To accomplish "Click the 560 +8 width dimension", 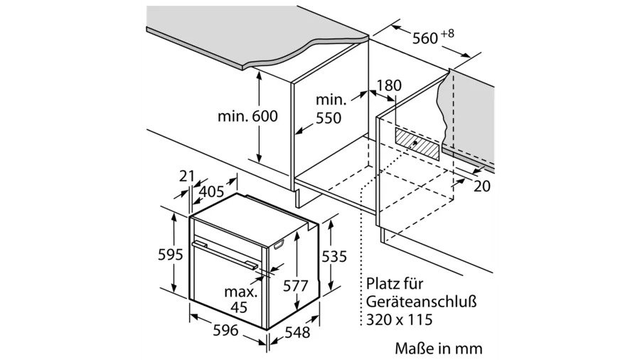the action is click(432, 37).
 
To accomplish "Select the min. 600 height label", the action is click(247, 116).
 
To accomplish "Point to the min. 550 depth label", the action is click(330, 109).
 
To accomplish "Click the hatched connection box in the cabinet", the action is click(417, 144).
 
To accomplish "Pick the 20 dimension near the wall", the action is click(481, 186).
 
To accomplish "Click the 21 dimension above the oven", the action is click(186, 176).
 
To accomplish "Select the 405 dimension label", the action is click(212, 191).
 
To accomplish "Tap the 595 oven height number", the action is click(171, 255).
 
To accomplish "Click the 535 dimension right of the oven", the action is click(334, 256).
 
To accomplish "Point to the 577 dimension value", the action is click(296, 286).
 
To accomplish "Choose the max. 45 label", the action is click(241, 300).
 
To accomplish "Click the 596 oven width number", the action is click(225, 330).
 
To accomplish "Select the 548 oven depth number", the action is click(297, 332).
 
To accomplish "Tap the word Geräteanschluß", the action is click(421, 302).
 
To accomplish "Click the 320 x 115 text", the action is click(399, 319).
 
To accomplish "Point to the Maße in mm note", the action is click(439, 349).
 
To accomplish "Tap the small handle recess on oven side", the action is click(279, 245).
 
